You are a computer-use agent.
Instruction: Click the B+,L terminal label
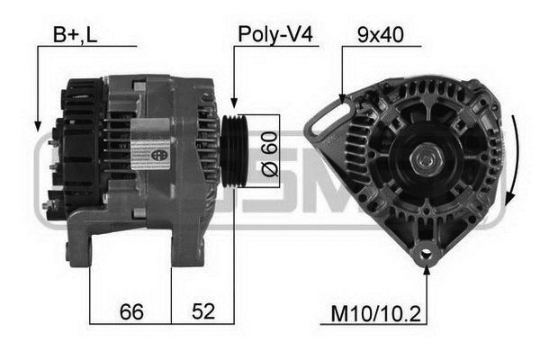[75, 35]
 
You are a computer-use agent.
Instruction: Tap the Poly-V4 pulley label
[275, 34]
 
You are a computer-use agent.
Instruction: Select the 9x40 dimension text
[380, 35]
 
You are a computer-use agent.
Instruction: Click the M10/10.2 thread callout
[375, 314]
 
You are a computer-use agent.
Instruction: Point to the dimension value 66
[131, 311]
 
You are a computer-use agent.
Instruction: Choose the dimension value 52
[203, 311]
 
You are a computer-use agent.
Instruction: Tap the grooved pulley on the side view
[235, 151]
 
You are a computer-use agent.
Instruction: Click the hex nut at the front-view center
[424, 160]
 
